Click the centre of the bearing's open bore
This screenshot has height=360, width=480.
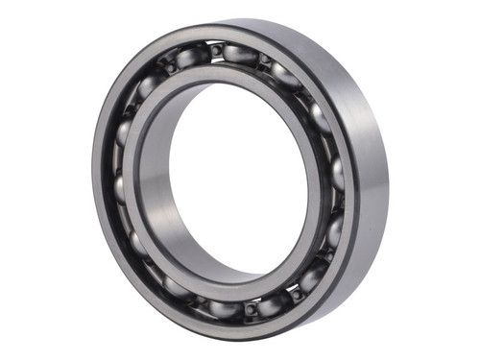[227, 182]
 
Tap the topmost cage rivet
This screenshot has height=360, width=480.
[218, 49]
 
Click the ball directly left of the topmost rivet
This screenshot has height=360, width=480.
[189, 58]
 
